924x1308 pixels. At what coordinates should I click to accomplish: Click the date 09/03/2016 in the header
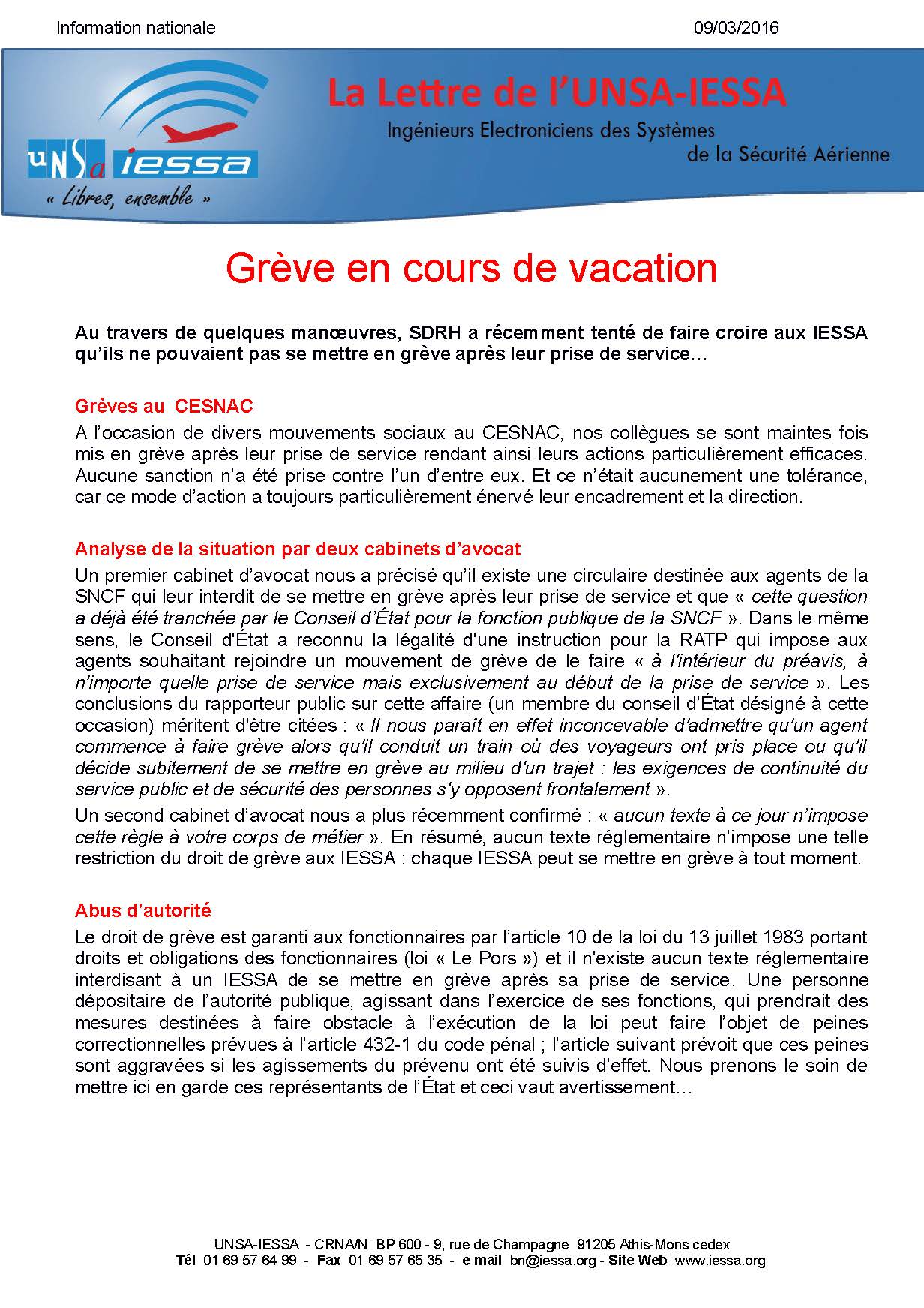pos(736,28)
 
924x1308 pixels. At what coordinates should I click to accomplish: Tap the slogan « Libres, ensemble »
pos(128,199)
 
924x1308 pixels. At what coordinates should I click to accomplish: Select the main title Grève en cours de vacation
pos(471,268)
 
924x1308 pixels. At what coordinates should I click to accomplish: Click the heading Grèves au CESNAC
pos(164,407)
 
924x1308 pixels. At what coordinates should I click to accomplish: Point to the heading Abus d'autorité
pos(143,910)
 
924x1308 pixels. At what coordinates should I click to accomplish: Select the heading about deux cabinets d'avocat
pos(297,549)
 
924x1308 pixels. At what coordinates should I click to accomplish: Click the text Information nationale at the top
pos(136,28)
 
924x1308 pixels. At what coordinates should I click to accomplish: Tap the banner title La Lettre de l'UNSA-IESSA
pos(556,93)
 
